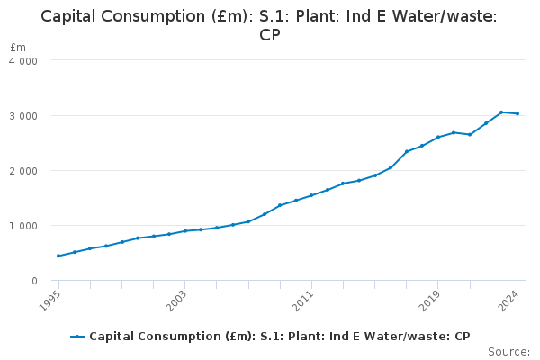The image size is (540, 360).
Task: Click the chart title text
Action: coord(269,26)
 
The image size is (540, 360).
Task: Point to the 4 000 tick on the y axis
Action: coord(23,60)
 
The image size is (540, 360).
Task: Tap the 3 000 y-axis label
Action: coord(23,116)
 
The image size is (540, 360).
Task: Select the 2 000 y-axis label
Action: coord(23,171)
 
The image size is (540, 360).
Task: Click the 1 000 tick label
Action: coord(23,226)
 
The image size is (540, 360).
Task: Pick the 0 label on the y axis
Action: coord(34,281)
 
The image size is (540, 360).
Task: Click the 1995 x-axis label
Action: coord(51,298)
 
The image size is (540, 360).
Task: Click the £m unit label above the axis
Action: coord(18,47)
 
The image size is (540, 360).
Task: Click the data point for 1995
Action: coord(58,256)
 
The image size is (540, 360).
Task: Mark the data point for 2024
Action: coord(517,113)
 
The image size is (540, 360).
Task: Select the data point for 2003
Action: coord(185,231)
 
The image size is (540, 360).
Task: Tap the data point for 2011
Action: coord(311,195)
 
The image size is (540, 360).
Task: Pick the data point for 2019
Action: coord(438,137)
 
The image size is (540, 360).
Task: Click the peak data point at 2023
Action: coord(501,112)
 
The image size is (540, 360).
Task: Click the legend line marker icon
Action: coord(78,337)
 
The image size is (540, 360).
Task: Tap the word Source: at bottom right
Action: coord(508,351)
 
